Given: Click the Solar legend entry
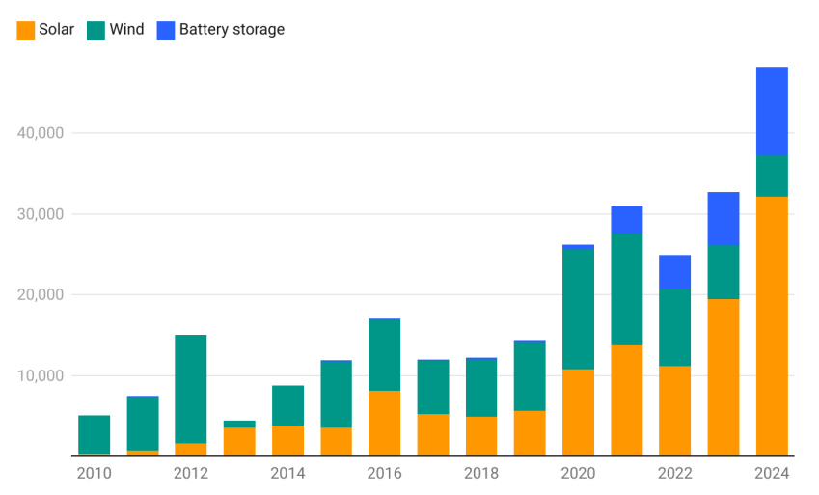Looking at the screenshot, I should (45, 30).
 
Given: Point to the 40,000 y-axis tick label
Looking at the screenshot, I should (40, 133).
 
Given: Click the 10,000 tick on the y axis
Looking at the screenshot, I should (40, 375).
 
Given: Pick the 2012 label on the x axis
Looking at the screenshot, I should (191, 474).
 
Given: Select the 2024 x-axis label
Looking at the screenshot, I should (772, 474).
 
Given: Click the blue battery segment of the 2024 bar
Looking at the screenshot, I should (772, 111).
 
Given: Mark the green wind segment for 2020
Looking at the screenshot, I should (578, 309).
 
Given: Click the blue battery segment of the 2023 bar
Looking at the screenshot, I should (723, 218).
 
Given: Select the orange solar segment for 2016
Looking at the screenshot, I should (384, 424).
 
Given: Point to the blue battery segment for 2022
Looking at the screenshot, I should (675, 272).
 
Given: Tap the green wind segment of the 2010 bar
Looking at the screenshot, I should (95, 434).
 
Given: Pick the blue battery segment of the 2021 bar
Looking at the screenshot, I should (627, 220).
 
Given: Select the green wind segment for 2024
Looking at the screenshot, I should (772, 176).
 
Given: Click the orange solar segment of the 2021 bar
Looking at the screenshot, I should (627, 400).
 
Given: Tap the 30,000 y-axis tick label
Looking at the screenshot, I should (40, 214).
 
